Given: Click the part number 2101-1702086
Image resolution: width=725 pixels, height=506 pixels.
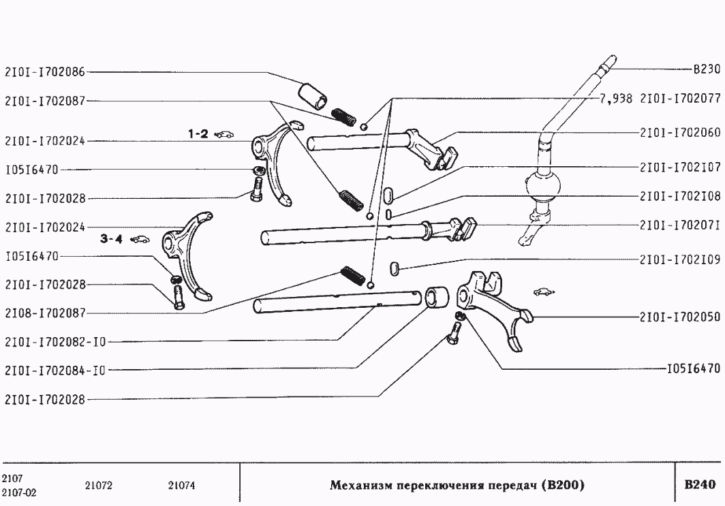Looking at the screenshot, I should click(44, 71).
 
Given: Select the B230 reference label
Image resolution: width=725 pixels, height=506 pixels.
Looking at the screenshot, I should click(706, 69).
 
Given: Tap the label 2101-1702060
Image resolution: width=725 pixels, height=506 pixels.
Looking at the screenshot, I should click(679, 132).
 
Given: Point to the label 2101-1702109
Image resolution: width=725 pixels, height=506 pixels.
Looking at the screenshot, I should click(679, 259).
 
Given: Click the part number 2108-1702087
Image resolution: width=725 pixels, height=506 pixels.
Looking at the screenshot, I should click(44, 313).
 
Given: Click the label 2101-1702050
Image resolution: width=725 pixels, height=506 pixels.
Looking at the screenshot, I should click(679, 317).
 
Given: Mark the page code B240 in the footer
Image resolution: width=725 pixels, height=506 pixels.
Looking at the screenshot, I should click(699, 485).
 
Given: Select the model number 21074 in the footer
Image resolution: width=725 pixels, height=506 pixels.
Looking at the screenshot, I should click(181, 486).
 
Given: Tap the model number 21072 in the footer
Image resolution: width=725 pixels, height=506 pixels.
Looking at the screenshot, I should click(98, 486).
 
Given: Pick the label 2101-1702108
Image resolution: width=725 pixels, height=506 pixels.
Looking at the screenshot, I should click(679, 196).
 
